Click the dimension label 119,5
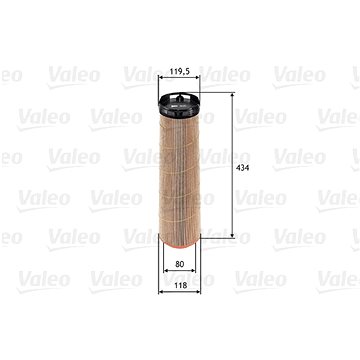(x=179, y=71)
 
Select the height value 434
(x=242, y=168)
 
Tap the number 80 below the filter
(x=180, y=264)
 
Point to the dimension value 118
(x=180, y=285)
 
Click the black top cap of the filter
(x=179, y=104)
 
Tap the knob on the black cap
(x=180, y=98)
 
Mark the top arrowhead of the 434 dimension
(x=232, y=96)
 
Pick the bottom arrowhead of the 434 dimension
(x=232, y=236)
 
